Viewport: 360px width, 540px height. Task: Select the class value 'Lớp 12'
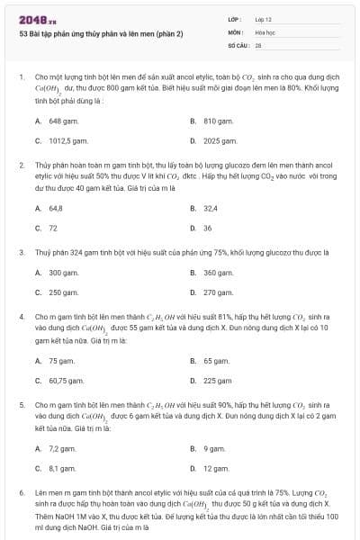(263, 19)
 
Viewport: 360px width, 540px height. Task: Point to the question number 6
(21, 493)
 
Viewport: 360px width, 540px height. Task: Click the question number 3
(21, 252)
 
